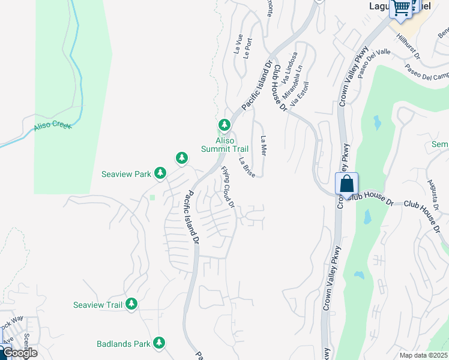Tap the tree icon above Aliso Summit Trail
tap(224, 125)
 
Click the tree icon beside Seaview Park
tap(160, 173)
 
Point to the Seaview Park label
tap(126, 174)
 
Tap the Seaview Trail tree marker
tap(131, 304)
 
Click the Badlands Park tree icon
tap(159, 343)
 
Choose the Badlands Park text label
tap(123, 344)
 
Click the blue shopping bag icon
tap(347, 184)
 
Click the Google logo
tap(19, 353)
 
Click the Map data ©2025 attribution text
tap(424, 355)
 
